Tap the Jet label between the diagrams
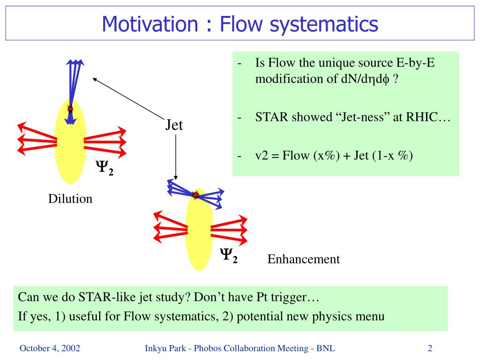(x=174, y=125)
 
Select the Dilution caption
(x=70, y=199)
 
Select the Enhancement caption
(x=303, y=259)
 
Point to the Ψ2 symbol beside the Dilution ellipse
(x=105, y=168)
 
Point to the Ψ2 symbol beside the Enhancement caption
(x=229, y=255)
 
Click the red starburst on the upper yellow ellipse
(x=70, y=109)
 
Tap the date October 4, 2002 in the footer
(x=49, y=348)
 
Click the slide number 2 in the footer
(x=429, y=348)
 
